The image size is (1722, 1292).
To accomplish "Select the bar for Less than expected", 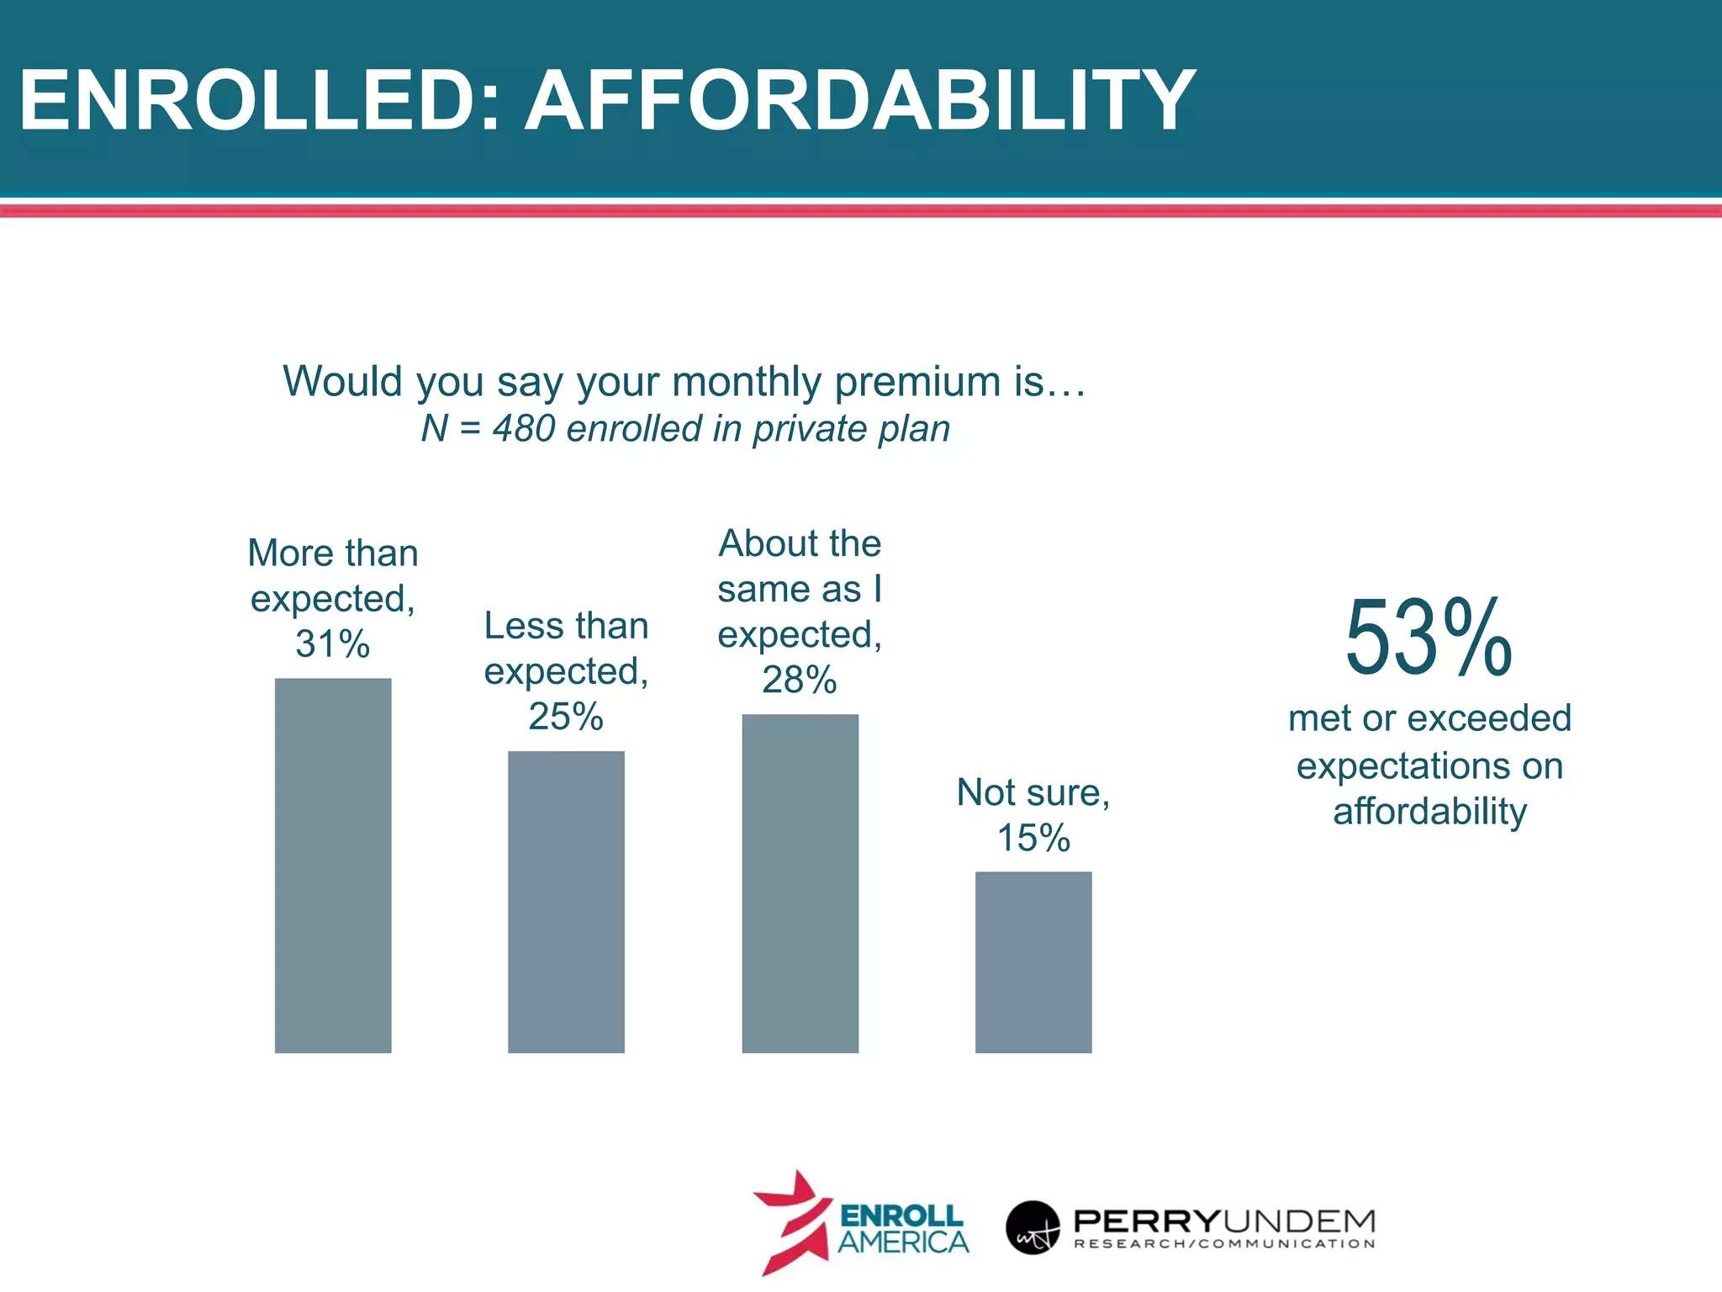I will point(566,902).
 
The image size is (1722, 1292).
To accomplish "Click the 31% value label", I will point(333,644).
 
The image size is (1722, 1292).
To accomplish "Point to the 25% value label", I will point(566,717).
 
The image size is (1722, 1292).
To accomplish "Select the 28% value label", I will point(800,680).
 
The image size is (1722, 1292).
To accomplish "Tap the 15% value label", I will point(1033,838).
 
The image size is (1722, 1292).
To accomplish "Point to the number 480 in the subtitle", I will point(523,429).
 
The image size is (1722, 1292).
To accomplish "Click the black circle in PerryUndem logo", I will point(1033,1227).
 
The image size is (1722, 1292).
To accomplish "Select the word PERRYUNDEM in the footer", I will point(1224,1221).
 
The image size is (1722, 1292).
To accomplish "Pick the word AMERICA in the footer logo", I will point(903,1242).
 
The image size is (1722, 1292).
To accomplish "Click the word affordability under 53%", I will point(1429,812).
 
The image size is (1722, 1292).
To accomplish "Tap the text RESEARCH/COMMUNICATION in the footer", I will point(1224,1244).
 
